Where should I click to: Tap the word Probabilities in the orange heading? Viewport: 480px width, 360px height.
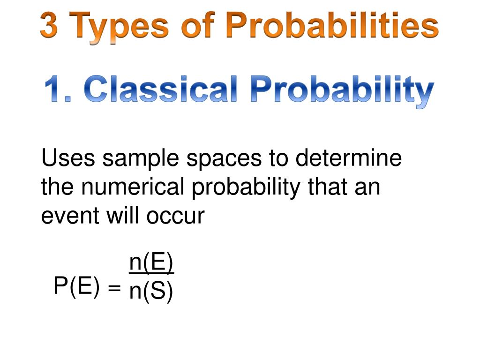click(332, 26)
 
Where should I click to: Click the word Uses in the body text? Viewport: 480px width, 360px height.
click(69, 158)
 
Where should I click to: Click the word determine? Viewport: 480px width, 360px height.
click(348, 158)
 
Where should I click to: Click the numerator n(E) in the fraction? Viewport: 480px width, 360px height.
click(151, 263)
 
